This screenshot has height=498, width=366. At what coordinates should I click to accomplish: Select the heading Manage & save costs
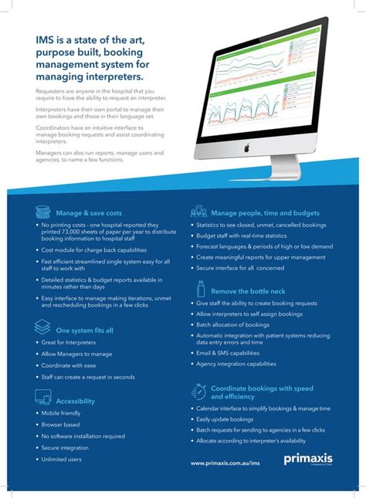tap(88, 212)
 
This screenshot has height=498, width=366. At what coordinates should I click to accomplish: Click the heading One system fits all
tap(84, 330)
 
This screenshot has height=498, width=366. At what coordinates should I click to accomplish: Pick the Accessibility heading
tap(75, 401)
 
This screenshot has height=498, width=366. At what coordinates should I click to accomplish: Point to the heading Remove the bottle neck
tap(247, 291)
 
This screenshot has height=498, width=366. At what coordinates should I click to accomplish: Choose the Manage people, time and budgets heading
tap(265, 212)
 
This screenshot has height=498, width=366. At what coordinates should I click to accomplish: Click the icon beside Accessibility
tap(43, 398)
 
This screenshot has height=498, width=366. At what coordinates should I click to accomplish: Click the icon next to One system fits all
tap(43, 327)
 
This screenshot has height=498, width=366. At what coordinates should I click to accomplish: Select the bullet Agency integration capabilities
tap(236, 364)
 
